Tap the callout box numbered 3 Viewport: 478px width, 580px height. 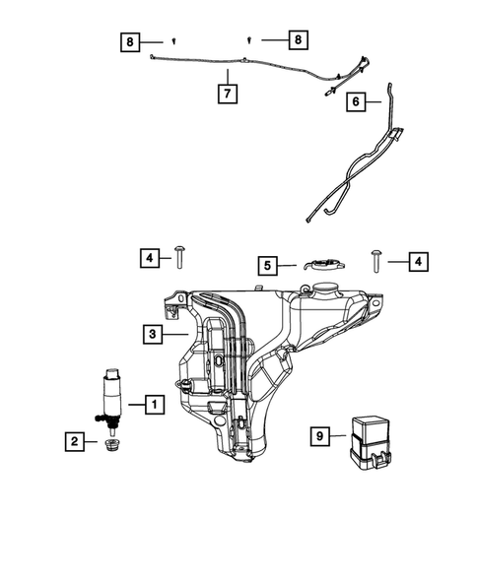153,334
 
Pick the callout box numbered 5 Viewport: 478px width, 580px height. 266,264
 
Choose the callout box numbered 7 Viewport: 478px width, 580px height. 228,94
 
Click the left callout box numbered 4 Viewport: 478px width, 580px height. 147,259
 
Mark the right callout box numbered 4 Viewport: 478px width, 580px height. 418,261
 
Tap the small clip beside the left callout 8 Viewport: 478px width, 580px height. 173,41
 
